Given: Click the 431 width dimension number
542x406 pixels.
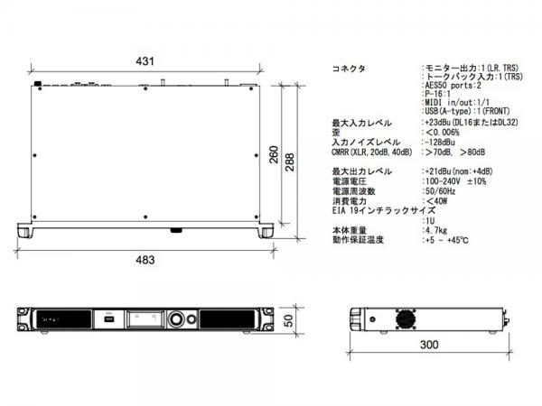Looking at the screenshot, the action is pyautogui.click(x=145, y=61).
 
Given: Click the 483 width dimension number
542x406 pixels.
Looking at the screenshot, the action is pyautogui.click(x=145, y=260).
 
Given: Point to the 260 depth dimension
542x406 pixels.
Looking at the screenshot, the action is pyautogui.click(x=274, y=154).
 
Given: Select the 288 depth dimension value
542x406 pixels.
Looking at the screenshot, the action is pyautogui.click(x=290, y=161).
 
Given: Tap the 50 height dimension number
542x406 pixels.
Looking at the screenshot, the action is pyautogui.click(x=288, y=320).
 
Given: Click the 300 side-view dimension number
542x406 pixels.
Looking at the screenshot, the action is pyautogui.click(x=429, y=345).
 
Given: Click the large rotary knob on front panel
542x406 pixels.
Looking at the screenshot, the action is pyautogui.click(x=177, y=319).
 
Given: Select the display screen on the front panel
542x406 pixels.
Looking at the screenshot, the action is pyautogui.click(x=145, y=318).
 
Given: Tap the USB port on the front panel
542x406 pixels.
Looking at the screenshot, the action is pyautogui.click(x=108, y=318).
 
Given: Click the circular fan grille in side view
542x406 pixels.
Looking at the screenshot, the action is pyautogui.click(x=406, y=318).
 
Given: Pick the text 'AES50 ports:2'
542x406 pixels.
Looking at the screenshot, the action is pyautogui.click(x=453, y=86).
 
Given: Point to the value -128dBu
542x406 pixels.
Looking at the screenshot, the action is pyautogui.click(x=440, y=143).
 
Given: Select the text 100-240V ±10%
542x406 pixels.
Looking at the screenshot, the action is pyautogui.click(x=455, y=181).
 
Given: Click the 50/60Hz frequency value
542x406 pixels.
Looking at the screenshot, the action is pyautogui.click(x=441, y=191).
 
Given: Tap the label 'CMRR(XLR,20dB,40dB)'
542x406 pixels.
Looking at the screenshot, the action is pyautogui.click(x=372, y=152).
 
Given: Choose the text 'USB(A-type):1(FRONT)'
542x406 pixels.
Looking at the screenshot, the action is pyautogui.click(x=467, y=111).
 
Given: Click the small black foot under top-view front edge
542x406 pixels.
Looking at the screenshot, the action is pyautogui.click(x=177, y=230).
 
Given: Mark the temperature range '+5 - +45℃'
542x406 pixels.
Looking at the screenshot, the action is pyautogui.click(x=447, y=240).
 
